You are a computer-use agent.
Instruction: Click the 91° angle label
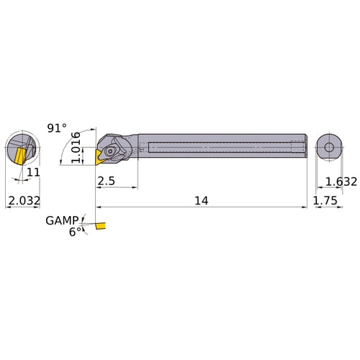coord(57,127)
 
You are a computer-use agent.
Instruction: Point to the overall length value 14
coord(201,202)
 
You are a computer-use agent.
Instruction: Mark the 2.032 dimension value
coord(23,202)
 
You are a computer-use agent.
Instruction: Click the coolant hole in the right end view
coord(329,148)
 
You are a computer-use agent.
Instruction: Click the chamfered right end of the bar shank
coord(304,147)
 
